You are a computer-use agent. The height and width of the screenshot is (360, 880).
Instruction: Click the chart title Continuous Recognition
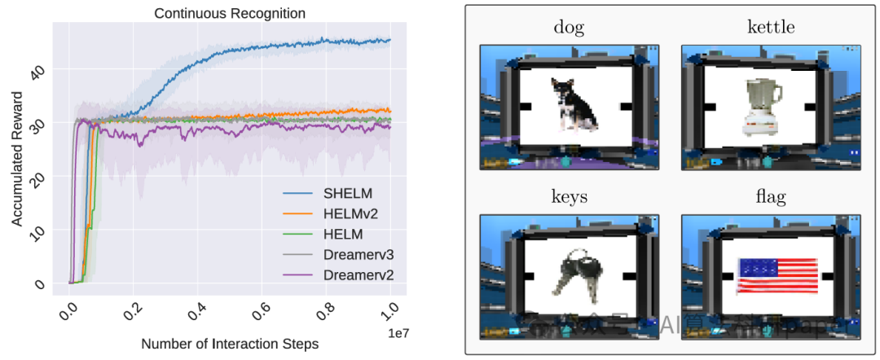[x=230, y=13]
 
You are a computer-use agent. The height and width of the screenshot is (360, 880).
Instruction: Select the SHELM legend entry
[x=347, y=193]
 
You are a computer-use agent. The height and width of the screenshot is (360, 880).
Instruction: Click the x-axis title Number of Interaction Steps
[x=230, y=343]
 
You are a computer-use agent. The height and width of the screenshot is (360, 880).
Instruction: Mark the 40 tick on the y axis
[x=37, y=71]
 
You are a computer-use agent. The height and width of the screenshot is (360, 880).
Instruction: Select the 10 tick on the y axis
[x=37, y=231]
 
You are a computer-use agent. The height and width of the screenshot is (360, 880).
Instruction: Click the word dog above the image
[x=568, y=28]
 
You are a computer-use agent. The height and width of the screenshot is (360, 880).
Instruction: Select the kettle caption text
[x=770, y=28]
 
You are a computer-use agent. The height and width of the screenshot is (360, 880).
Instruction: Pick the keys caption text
[x=568, y=198]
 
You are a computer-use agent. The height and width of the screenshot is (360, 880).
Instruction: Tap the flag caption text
[x=770, y=198]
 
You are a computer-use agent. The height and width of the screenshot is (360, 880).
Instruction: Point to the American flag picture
[x=777, y=275]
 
